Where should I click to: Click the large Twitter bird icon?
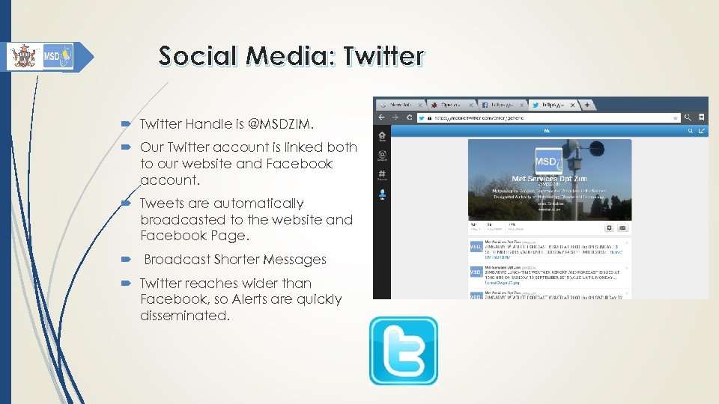pos(403,350)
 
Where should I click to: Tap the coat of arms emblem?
pos(24,56)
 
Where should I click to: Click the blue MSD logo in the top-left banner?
pos(58,56)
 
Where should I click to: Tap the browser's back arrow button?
pos(382,117)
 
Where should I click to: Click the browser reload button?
pos(409,117)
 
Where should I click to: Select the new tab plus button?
pos(588,105)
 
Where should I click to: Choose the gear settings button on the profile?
pos(609,228)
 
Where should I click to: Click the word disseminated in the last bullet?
pos(184,316)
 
